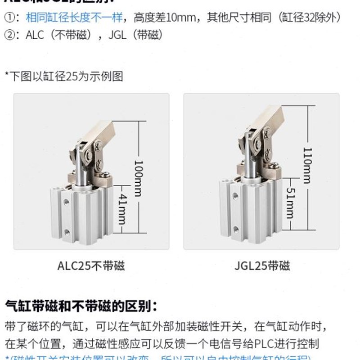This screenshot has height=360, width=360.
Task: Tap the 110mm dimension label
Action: click(306, 165)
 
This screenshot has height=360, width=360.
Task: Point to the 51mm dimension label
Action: click(290, 204)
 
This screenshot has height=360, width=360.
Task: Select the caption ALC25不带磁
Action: click(91, 265)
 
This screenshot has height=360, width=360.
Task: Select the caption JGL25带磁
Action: click(262, 265)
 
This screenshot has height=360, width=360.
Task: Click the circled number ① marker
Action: click(10, 18)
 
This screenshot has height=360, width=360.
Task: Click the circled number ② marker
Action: click(10, 35)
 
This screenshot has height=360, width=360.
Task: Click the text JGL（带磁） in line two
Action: click(135, 35)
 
